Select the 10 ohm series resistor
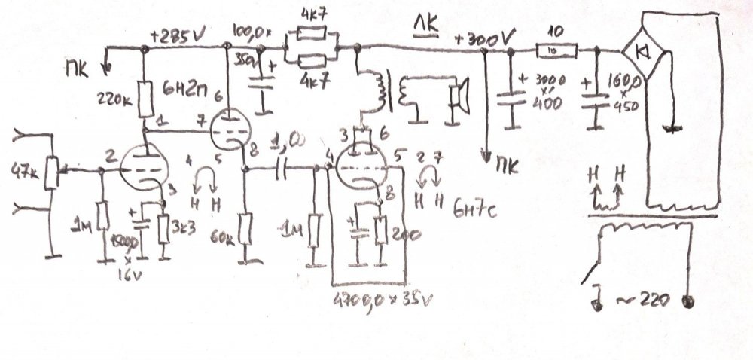(556, 50)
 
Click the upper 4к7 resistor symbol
(311, 34)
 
